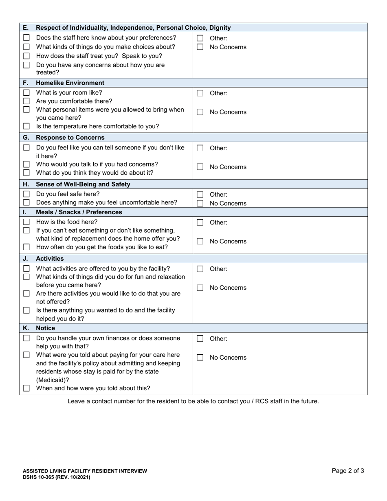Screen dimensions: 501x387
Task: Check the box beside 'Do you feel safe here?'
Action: point(26,194)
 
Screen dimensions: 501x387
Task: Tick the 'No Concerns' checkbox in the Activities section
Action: point(200,288)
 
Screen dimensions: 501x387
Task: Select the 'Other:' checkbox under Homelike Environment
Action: point(200,93)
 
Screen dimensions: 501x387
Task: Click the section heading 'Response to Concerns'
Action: point(70,137)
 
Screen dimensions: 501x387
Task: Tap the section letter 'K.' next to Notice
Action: point(26,328)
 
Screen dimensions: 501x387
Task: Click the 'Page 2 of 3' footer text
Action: point(348,470)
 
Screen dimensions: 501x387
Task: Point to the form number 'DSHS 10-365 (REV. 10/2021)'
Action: point(57,477)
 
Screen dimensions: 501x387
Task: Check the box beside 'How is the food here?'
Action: point(26,222)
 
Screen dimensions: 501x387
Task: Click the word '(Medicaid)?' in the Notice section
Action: point(53,380)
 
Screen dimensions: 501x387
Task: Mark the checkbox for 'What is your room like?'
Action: point(26,92)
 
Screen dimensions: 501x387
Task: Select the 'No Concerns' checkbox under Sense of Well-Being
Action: point(200,203)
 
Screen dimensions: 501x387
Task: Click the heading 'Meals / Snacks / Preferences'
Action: point(78,212)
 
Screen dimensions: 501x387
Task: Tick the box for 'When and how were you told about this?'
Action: point(26,388)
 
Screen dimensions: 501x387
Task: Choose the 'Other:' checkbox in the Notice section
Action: point(200,338)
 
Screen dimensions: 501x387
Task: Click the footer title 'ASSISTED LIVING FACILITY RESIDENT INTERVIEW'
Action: point(85,471)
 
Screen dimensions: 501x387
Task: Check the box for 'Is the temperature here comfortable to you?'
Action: point(26,126)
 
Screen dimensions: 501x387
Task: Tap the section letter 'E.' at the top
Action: point(26,28)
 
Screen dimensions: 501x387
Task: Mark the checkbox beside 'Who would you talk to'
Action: point(26,164)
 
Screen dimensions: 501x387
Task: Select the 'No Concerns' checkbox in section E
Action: point(200,47)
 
